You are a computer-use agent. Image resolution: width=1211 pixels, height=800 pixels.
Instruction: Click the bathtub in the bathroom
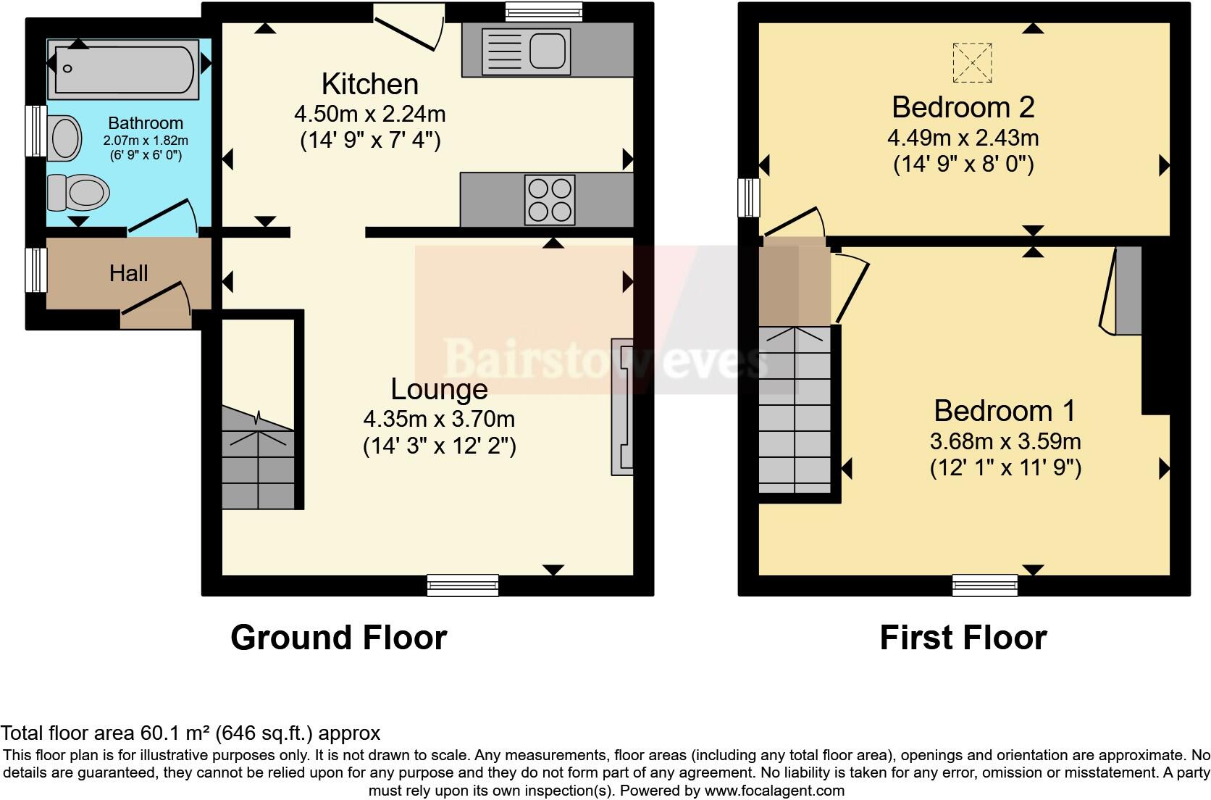pos(123,70)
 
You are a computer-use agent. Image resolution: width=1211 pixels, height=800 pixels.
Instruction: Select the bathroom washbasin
pos(65,138)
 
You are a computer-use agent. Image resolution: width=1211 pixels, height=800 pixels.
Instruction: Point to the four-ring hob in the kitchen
pos(550,199)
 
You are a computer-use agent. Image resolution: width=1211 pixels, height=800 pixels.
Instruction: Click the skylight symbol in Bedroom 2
pos(972,62)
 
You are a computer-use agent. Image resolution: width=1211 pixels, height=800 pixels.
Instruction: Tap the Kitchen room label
pos(369,84)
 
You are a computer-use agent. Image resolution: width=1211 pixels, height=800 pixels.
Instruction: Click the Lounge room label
pos(439,389)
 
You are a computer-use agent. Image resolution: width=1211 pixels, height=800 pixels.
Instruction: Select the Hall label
pos(129,273)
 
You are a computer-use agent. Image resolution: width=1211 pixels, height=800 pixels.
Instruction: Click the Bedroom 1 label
pos(1005,411)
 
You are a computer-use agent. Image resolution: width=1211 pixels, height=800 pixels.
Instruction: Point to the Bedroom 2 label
pos(963,107)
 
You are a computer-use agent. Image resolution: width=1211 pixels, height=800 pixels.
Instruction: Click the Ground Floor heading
pos(338,638)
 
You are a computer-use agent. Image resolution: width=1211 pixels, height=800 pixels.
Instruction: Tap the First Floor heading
pos(963,638)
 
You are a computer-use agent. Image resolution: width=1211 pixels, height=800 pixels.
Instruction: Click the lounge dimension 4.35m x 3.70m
pos(439,419)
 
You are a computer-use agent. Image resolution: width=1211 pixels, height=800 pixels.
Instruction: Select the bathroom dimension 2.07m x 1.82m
pos(146,141)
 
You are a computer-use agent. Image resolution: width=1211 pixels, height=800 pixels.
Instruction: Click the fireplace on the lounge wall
pos(622,407)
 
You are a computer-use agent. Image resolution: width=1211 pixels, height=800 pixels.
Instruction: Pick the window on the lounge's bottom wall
pos(463,584)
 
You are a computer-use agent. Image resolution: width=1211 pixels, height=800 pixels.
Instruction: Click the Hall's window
pos(35,270)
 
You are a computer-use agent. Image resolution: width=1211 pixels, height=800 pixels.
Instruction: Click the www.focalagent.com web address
pos(774,791)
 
